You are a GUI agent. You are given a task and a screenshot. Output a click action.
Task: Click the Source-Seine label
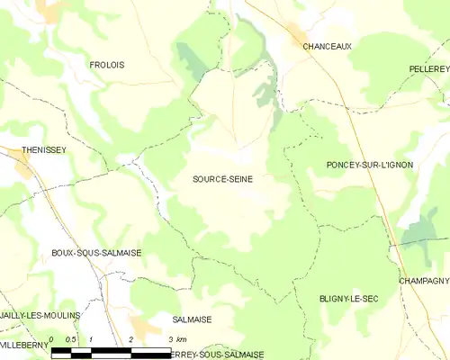[222, 179]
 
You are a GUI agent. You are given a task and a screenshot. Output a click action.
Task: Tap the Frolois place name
[107, 65]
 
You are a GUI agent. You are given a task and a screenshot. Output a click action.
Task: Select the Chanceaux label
[327, 45]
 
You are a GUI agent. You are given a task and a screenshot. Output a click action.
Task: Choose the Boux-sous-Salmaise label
[96, 254]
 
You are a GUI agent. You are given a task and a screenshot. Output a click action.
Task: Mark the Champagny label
[424, 281]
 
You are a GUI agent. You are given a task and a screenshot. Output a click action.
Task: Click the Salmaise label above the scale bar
[192, 319]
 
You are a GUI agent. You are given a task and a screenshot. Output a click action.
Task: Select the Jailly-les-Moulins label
[40, 315]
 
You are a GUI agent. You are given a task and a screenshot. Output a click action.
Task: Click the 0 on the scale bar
[52, 339]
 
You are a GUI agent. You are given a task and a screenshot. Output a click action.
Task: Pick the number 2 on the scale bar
[131, 339]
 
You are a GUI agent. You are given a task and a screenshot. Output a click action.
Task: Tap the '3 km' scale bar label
[176, 339]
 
